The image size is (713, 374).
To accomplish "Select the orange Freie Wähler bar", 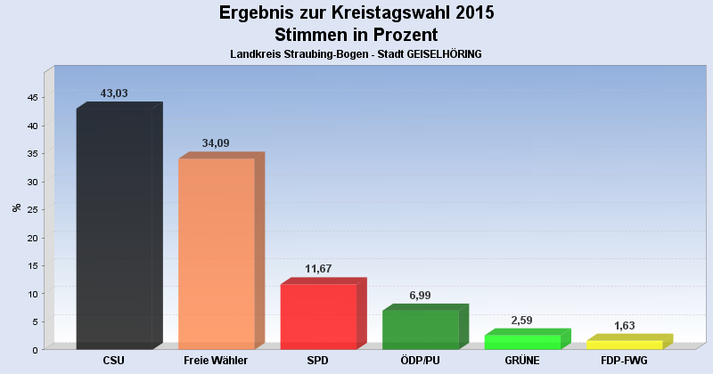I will click(217, 253).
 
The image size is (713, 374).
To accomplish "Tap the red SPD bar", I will click(318, 316).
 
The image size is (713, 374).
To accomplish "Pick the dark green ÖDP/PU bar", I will click(420, 329).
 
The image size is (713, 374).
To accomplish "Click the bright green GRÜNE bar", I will click(521, 341).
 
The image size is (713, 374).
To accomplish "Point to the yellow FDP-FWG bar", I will click(624, 345).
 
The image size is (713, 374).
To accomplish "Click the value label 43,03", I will click(115, 93).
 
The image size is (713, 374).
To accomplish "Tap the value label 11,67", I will click(318, 268).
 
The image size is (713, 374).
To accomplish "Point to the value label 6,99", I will click(421, 294).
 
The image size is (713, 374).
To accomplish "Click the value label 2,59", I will click(522, 319).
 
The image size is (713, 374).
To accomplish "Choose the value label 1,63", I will click(624, 326).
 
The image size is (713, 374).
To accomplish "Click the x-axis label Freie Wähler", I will click(216, 361).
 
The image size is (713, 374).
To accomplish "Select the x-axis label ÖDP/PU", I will click(420, 361).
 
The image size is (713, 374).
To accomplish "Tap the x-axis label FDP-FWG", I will click(624, 361).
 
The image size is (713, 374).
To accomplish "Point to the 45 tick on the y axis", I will click(31, 98).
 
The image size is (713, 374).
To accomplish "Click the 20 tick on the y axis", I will click(31, 238).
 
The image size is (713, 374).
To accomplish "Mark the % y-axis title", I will click(16, 207).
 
